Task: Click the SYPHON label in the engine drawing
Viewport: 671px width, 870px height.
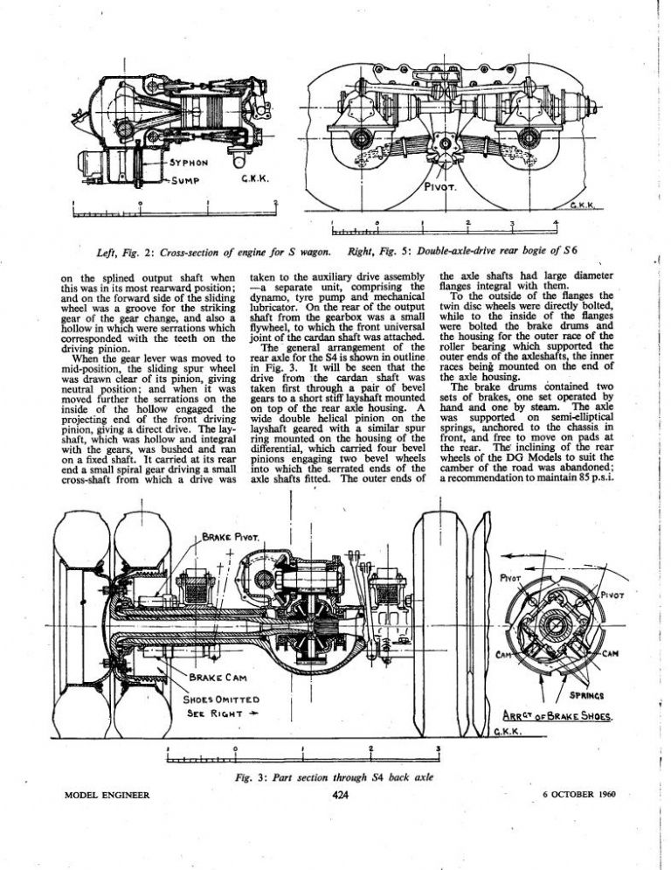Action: [x=188, y=164]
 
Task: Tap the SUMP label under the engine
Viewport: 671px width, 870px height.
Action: [x=184, y=180]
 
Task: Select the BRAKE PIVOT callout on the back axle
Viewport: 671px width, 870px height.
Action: [x=230, y=538]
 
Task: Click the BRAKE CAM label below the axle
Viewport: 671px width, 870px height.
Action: [x=218, y=678]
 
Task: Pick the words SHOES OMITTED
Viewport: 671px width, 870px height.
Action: [x=221, y=699]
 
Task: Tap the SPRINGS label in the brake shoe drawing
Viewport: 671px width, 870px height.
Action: [x=587, y=695]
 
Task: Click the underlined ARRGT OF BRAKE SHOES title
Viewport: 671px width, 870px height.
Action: [x=557, y=716]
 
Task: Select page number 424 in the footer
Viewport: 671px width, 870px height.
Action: [x=340, y=795]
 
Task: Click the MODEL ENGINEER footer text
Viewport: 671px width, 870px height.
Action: [x=107, y=795]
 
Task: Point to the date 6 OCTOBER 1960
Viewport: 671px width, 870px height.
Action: [x=579, y=794]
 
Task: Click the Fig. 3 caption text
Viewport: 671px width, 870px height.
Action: [x=334, y=777]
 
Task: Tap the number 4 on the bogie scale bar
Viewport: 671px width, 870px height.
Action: [x=556, y=223]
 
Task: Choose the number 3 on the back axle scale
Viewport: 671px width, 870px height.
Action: [x=438, y=748]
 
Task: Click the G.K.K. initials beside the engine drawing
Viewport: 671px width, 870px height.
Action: [x=254, y=179]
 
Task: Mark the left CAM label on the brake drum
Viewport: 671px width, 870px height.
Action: [x=503, y=655]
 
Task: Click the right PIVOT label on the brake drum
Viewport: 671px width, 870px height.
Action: [x=612, y=595]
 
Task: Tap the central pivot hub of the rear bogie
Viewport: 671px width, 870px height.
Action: [x=445, y=144]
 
